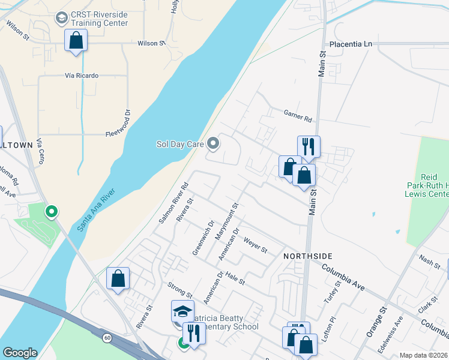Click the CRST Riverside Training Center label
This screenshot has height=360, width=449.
(100, 19)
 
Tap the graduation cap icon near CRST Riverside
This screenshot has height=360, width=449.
(61, 19)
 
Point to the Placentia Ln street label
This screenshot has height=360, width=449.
(351, 44)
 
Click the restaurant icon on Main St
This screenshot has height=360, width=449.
(309, 147)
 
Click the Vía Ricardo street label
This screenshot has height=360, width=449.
(82, 76)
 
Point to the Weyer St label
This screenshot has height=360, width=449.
(255, 245)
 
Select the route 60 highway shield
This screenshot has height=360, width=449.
(107, 338)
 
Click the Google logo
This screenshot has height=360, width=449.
(20, 352)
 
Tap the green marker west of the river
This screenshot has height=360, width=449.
(52, 211)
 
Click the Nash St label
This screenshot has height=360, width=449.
(430, 260)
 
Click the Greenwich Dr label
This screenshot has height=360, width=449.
(203, 238)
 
